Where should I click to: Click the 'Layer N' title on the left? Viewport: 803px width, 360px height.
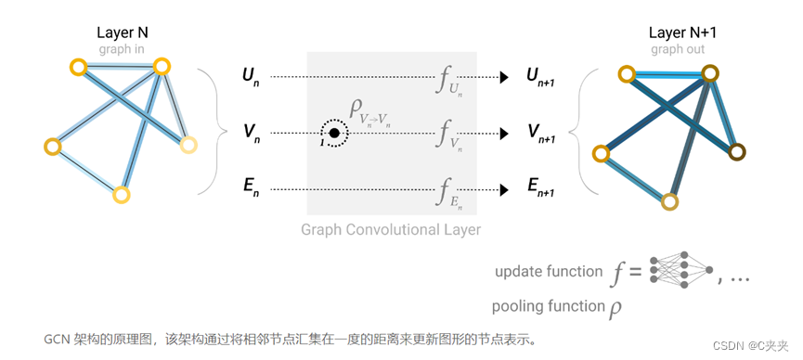click(x=123, y=32)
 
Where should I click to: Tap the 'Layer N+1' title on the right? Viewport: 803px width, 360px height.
click(x=682, y=32)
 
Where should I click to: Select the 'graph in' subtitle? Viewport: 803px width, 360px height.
click(x=123, y=48)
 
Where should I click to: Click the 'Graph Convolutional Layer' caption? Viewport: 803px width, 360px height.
click(x=391, y=229)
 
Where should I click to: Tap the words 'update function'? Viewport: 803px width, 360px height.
click(x=549, y=272)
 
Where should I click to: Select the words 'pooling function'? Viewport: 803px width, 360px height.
click(x=548, y=307)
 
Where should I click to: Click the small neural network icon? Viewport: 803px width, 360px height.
click(x=681, y=271)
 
